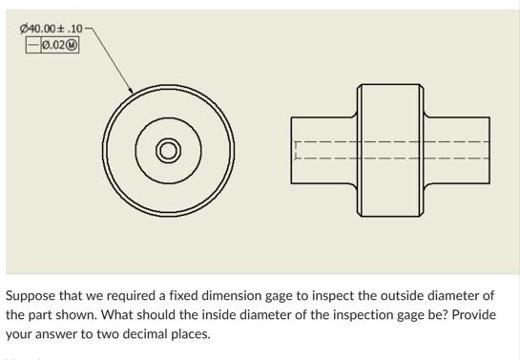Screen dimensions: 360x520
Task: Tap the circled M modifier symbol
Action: [70, 44]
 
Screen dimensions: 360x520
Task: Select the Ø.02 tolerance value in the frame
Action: [53, 44]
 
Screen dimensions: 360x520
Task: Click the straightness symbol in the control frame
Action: [33, 44]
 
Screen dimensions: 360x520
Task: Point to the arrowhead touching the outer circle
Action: [132, 92]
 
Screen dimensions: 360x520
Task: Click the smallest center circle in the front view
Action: [169, 150]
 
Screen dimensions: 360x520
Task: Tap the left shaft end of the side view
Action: [294, 149]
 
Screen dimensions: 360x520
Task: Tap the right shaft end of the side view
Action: [489, 149]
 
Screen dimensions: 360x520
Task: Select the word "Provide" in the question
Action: [474, 315]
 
